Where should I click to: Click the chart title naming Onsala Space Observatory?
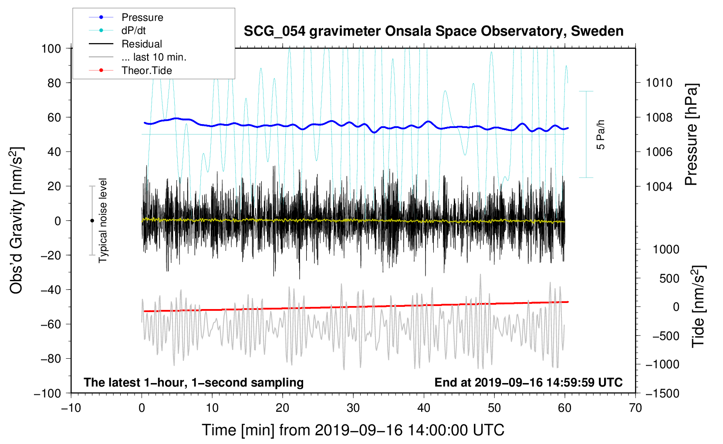click(433, 31)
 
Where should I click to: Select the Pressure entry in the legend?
click(142, 17)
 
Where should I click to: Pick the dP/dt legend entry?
click(133, 30)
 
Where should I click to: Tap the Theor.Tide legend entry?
click(146, 71)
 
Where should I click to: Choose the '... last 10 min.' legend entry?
click(154, 57)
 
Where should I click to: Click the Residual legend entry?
click(142, 44)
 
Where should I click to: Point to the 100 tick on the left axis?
click(51, 48)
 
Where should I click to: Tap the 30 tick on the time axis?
click(353, 408)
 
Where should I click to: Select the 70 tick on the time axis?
click(635, 408)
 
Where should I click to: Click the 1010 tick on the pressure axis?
click(659, 83)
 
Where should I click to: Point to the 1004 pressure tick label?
click(659, 187)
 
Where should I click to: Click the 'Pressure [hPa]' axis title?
click(691, 135)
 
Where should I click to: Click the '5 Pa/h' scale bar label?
click(601, 135)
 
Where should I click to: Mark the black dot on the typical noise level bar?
click(92, 221)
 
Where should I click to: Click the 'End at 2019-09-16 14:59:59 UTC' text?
click(528, 383)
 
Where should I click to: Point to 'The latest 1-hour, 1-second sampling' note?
click(194, 383)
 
